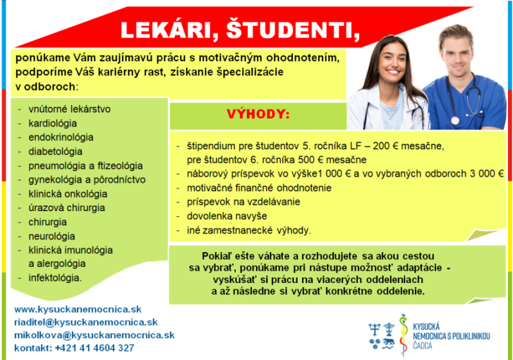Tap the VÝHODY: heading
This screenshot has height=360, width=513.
[x=258, y=114]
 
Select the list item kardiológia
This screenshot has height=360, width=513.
[x=53, y=123]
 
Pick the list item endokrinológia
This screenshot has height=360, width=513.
[x=61, y=137]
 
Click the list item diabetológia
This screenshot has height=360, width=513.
[x=55, y=151]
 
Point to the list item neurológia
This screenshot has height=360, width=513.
[x=52, y=236]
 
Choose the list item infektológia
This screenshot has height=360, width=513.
[x=55, y=278]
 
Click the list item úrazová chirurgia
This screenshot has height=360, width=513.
[x=67, y=208]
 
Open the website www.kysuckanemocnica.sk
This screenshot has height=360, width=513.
[x=78, y=309]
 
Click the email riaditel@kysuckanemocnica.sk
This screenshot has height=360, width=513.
[x=86, y=322]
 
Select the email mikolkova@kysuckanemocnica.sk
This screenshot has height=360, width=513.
[x=94, y=335]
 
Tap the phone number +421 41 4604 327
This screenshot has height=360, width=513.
[x=94, y=348]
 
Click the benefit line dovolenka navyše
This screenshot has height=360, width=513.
[x=227, y=216]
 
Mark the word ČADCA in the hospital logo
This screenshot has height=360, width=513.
[x=423, y=346]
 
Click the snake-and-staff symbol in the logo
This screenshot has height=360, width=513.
[x=404, y=335]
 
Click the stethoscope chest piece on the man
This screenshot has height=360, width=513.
[x=455, y=121]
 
